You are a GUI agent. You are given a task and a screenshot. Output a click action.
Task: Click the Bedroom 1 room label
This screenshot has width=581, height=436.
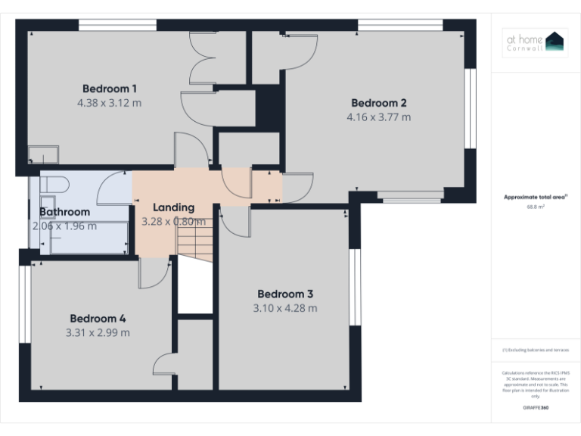[x=109, y=88]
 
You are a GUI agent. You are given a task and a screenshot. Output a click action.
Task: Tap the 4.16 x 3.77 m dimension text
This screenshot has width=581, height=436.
[x=378, y=117]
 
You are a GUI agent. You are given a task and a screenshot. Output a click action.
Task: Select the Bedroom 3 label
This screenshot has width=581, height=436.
[x=284, y=294]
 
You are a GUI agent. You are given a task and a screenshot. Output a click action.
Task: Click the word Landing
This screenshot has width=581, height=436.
[x=173, y=207]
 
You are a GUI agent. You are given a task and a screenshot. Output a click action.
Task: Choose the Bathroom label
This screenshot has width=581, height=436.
[x=64, y=212]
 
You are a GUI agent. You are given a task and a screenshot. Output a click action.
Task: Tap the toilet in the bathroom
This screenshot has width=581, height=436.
[x=53, y=184]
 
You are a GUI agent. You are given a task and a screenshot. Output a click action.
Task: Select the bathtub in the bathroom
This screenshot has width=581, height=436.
[x=87, y=238]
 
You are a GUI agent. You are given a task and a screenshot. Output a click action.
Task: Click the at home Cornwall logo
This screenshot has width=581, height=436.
[x=535, y=42]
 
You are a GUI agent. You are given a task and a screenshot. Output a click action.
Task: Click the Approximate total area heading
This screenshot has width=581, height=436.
[x=534, y=197]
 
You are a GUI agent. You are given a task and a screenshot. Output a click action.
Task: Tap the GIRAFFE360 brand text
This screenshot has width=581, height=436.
[x=535, y=407]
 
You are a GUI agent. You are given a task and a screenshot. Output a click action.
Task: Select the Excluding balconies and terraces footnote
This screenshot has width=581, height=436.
[x=535, y=350]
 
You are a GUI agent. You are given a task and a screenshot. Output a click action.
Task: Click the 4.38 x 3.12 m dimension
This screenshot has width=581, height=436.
[x=109, y=102]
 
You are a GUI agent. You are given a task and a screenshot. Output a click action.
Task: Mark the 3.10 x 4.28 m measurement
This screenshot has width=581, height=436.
[x=284, y=308]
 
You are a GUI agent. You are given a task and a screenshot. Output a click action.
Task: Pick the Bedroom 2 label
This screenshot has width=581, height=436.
[x=379, y=103]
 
